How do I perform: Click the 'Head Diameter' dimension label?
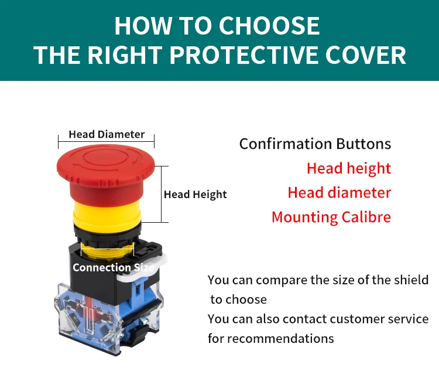coord(107,134)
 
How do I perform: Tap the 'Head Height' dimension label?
coord(195,194)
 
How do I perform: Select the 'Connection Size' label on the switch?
coord(113,268)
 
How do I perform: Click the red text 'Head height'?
coord(348,168)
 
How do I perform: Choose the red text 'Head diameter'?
coord(339,192)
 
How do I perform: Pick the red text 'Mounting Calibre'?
coord(331,217)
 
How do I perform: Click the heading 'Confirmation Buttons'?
coord(315,144)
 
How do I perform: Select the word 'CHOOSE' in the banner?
coord(269,26)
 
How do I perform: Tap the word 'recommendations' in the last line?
coord(280,338)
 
